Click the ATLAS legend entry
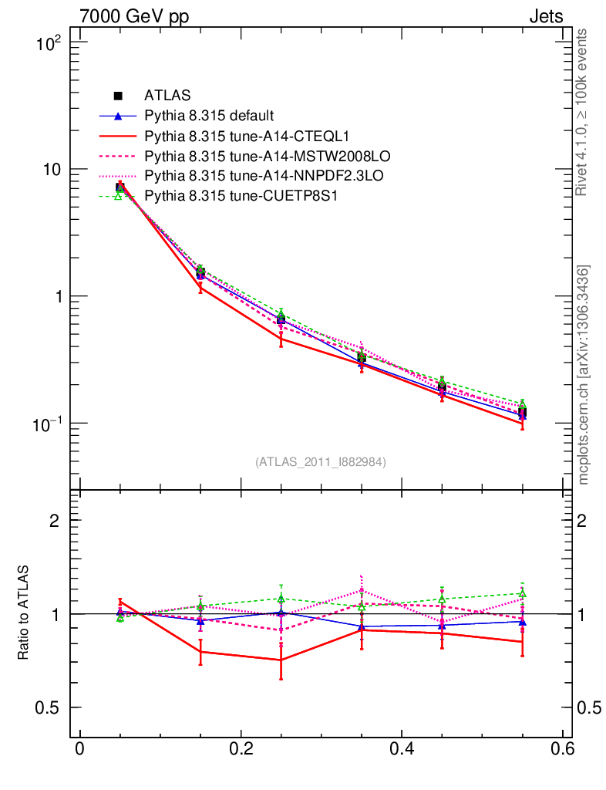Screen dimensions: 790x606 coord(167,96)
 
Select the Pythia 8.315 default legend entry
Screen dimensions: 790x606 coord(208,116)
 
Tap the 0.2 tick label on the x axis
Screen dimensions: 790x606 coord(241,751)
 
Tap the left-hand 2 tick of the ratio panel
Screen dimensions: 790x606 coord(55,521)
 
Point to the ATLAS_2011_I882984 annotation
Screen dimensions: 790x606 coord(321,461)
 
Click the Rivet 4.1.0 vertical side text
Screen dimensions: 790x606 coord(583,113)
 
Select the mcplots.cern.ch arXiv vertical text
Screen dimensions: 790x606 coord(583,374)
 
